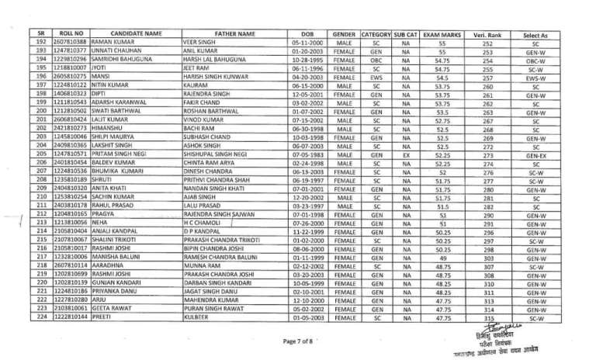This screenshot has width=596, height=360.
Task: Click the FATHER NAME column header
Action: coord(235,34)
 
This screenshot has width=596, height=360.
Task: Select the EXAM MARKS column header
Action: coord(442,34)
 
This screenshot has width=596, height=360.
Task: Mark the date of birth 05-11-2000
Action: coord(307,43)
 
